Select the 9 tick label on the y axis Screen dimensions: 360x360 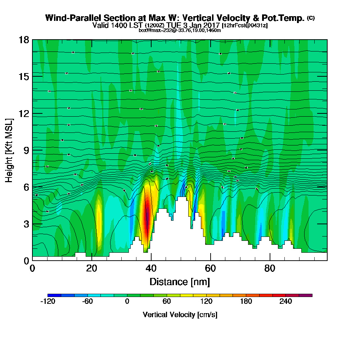(x=26, y=150)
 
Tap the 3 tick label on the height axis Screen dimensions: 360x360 (x=26, y=224)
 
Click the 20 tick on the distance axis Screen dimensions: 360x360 (x=92, y=268)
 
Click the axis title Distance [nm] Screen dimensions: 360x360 (x=180, y=282)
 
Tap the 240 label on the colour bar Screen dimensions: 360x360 (x=285, y=302)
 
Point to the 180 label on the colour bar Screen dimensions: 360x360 (x=246, y=302)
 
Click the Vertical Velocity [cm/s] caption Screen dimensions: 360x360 (x=180, y=315)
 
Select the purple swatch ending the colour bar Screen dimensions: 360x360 (x=306, y=295)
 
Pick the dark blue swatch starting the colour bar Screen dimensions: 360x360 (x=54, y=295)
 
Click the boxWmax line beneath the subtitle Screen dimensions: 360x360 (x=180, y=30)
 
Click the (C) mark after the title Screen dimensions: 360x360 (x=311, y=18)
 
